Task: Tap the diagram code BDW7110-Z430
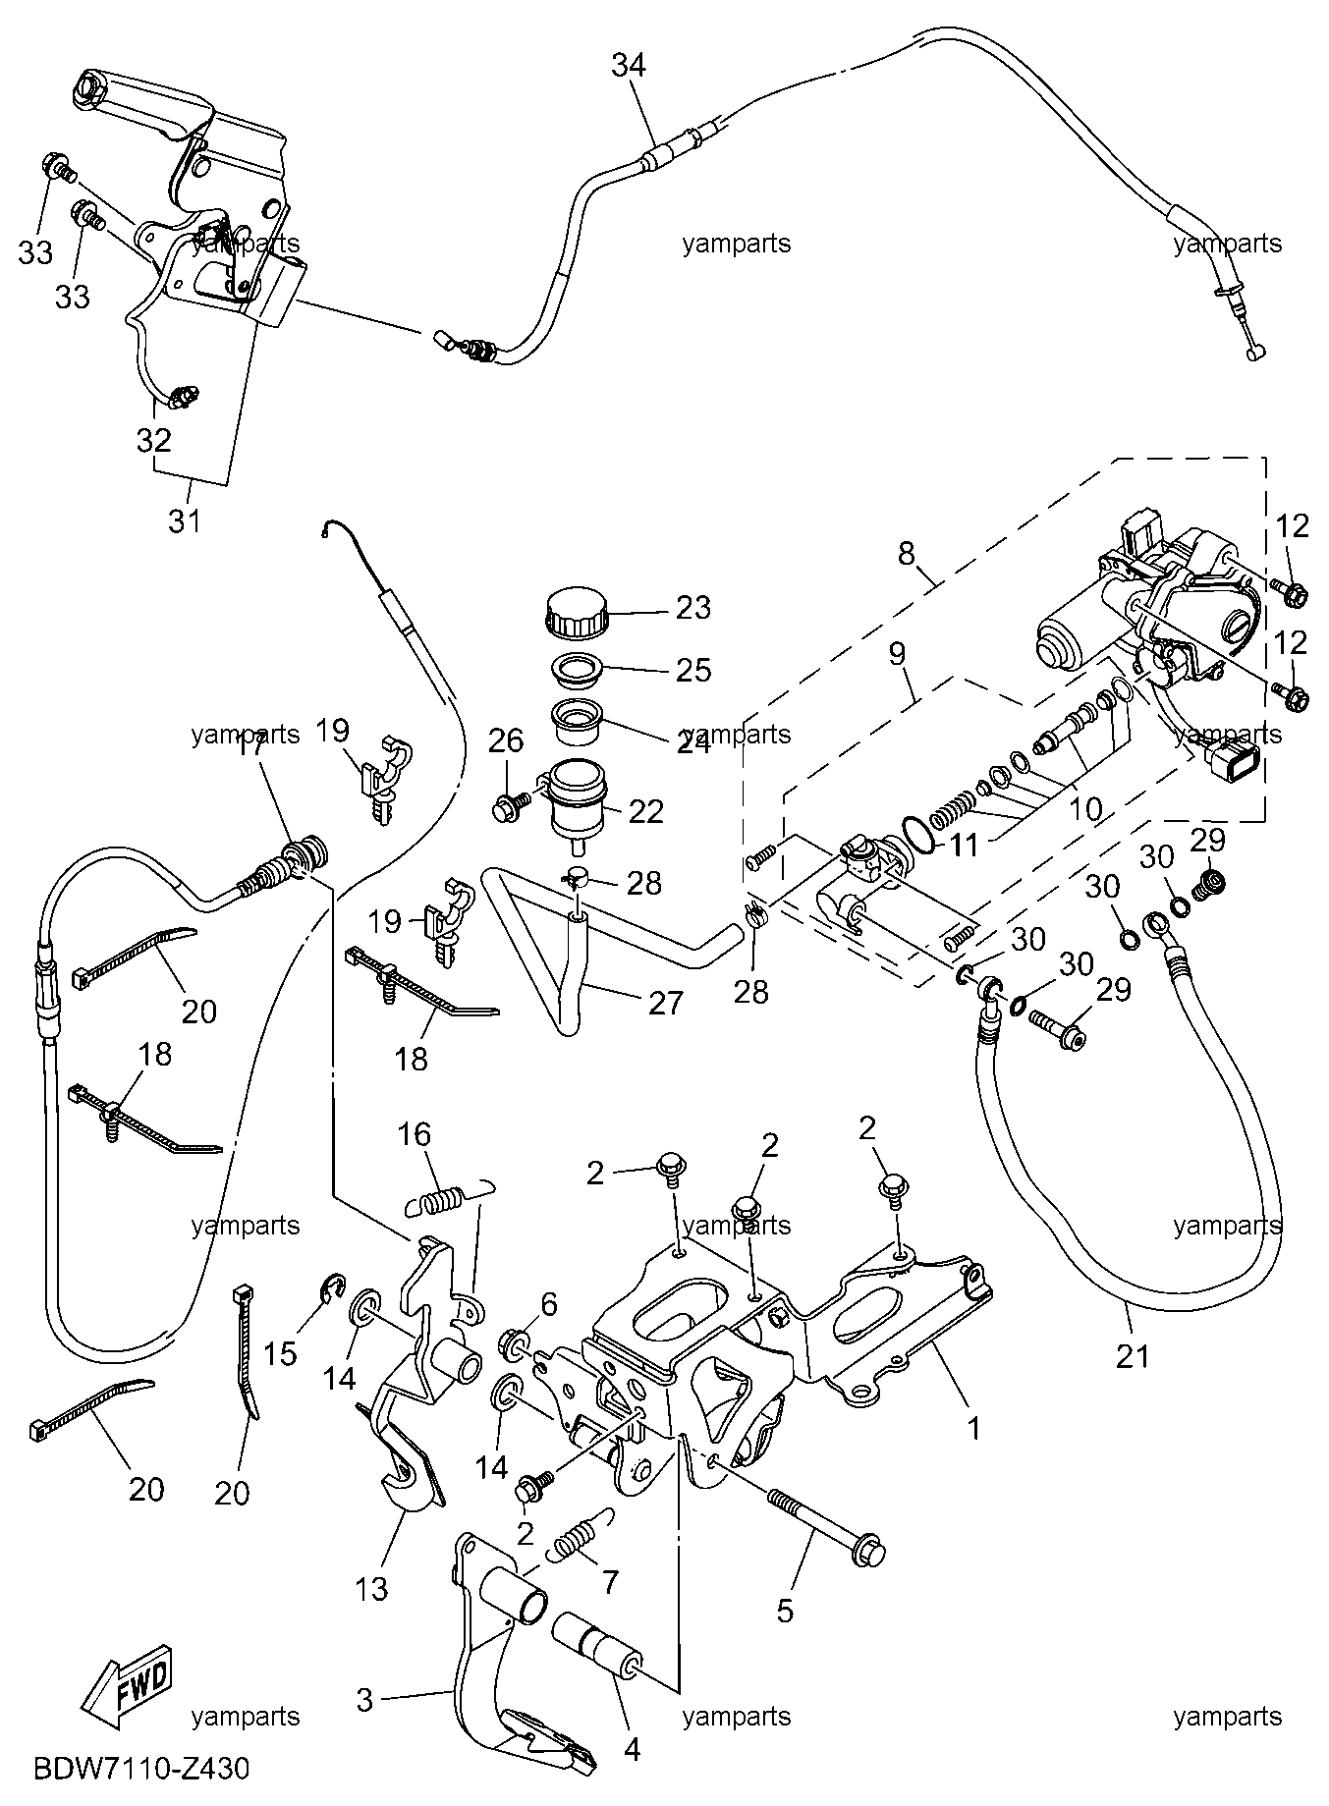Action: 141,1770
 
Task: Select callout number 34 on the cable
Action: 629,66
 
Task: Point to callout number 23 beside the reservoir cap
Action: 693,608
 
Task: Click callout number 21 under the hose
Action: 1133,1356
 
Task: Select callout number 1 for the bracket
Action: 974,1428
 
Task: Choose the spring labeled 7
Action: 575,1542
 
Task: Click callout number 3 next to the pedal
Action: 364,1699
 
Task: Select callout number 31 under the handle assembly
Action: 184,520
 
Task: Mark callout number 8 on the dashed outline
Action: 906,553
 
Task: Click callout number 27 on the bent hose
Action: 665,1003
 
